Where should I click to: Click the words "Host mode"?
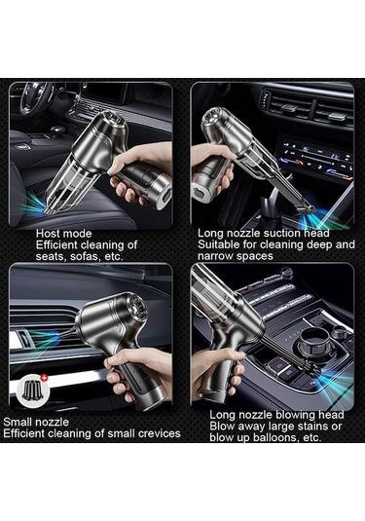coord(64,234)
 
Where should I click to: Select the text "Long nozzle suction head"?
coord(264,233)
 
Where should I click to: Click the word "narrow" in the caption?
coord(215,256)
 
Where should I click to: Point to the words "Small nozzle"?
coord(36,422)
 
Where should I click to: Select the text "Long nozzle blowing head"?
coord(276,414)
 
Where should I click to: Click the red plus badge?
coord(45,378)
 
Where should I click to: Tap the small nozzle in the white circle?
coord(32,391)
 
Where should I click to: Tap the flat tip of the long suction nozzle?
coord(305,209)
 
